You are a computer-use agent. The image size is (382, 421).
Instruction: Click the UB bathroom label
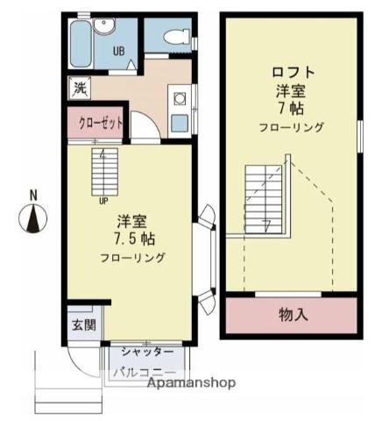(117, 50)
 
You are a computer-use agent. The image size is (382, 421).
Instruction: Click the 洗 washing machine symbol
(80, 88)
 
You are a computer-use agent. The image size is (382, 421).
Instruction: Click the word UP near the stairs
(103, 200)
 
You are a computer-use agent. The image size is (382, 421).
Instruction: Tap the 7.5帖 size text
(133, 239)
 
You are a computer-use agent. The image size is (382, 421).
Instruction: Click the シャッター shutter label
(142, 352)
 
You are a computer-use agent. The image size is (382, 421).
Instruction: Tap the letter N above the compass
(33, 194)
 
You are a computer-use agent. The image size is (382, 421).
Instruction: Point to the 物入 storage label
(293, 314)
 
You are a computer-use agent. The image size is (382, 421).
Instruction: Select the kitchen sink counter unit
(180, 110)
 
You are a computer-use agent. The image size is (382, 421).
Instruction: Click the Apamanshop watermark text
(193, 384)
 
